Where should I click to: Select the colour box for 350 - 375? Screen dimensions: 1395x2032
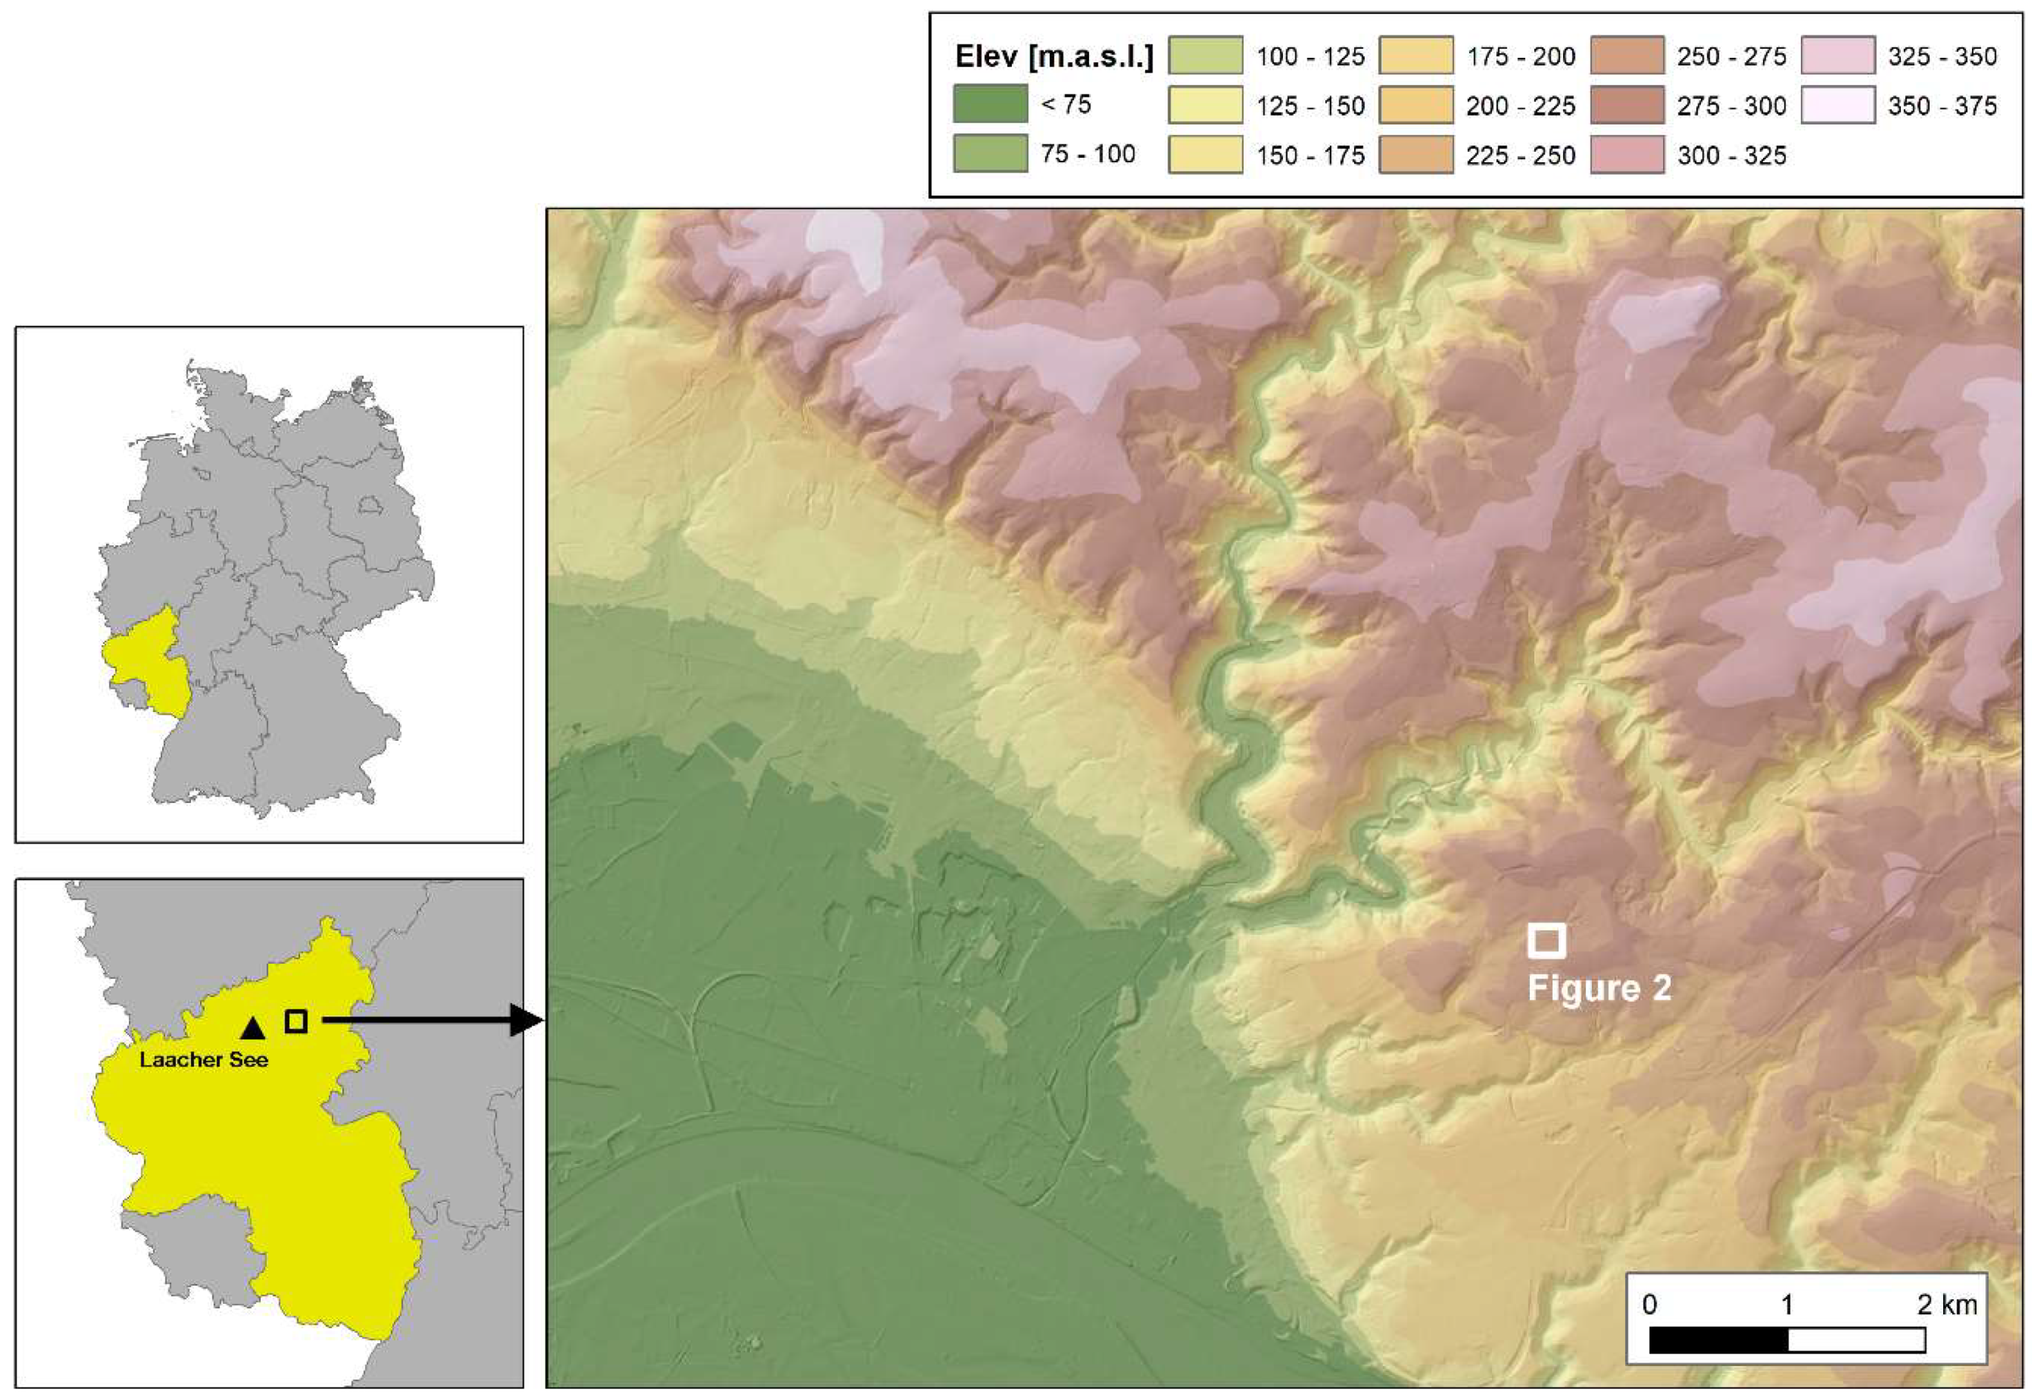click(x=1838, y=105)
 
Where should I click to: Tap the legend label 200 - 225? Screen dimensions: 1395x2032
click(x=1521, y=106)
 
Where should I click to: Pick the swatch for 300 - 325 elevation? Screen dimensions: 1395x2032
click(x=1628, y=155)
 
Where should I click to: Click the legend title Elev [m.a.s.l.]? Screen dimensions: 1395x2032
click(x=1053, y=57)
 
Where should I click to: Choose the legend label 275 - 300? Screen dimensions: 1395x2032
click(x=1731, y=106)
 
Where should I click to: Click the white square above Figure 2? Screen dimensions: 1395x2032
click(x=1546, y=940)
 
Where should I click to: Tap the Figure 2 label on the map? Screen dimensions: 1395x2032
click(x=1599, y=988)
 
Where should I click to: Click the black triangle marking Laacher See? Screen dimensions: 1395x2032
click(x=253, y=1028)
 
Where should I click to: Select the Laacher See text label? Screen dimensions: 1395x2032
click(x=204, y=1060)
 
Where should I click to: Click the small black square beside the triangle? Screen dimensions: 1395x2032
click(x=296, y=1021)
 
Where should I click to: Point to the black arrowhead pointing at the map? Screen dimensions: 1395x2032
click(x=527, y=1020)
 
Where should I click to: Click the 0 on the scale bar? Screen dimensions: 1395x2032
click(x=1649, y=1304)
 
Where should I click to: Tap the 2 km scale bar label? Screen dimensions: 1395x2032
click(x=1948, y=1304)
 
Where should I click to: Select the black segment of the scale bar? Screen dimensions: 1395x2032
click(x=1718, y=1340)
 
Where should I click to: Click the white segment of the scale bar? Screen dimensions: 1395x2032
click(x=1856, y=1340)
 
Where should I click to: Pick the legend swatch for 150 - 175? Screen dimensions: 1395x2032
click(x=1206, y=155)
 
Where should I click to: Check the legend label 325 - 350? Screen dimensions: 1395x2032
click(x=1942, y=57)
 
